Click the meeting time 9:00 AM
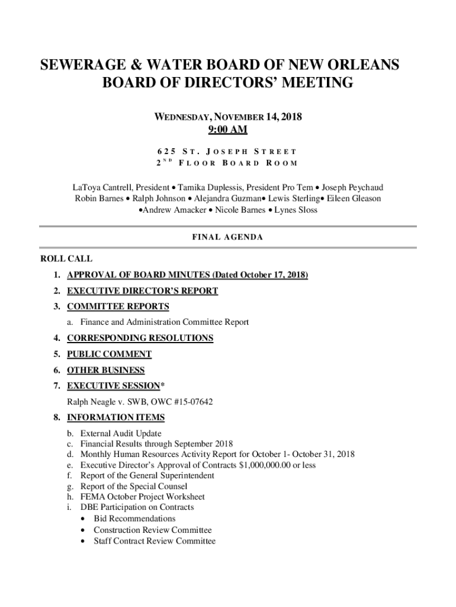point(227,130)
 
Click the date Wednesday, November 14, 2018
point(227,117)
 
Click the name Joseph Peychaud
point(352,188)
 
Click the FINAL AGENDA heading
point(227,237)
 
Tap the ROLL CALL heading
point(66,259)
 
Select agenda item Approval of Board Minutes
point(187,275)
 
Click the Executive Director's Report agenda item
point(142,291)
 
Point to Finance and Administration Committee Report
point(165,322)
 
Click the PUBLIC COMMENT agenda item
point(109,354)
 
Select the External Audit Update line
point(121,434)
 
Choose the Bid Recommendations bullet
point(134,519)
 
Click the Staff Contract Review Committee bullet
point(155,541)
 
